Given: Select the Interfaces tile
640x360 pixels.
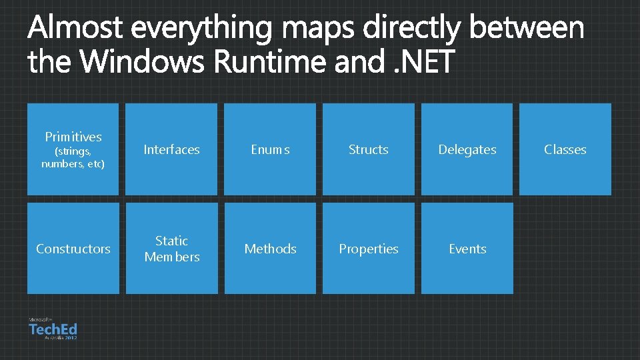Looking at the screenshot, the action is click(x=171, y=149).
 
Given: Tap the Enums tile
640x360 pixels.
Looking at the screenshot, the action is click(x=270, y=149).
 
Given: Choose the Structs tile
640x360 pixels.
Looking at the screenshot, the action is click(x=369, y=149).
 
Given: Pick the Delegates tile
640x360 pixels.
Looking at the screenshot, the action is click(x=467, y=149).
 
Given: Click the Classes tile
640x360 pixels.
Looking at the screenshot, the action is click(x=565, y=149).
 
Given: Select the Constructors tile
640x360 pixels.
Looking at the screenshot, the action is click(x=73, y=249).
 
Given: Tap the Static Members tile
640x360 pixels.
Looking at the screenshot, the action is click(x=171, y=249).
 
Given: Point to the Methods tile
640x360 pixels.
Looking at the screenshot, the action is click(x=270, y=249).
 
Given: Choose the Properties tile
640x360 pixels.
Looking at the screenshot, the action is click(x=369, y=249).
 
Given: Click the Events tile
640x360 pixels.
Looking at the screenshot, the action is click(x=467, y=249).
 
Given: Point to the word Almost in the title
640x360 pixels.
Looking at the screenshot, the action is click(x=75, y=29).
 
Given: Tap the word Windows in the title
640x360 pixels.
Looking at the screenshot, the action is click(x=144, y=62).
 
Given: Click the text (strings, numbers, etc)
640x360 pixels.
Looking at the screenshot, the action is click(x=73, y=157).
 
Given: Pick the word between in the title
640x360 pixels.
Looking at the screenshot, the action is click(x=527, y=29).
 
